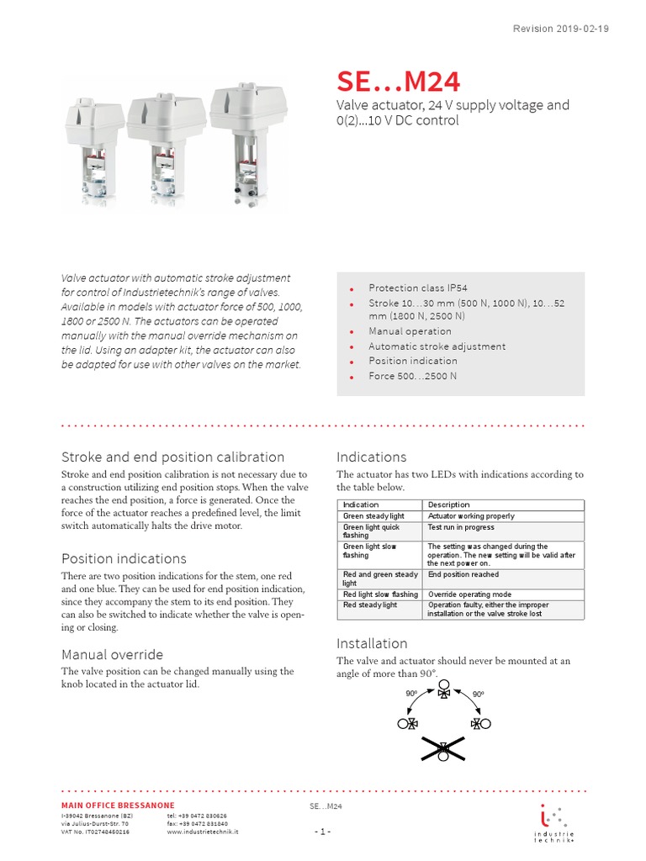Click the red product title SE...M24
click(398, 82)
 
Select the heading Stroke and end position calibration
click(172, 457)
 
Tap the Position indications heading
click(124, 558)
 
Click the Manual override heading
click(112, 654)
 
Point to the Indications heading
click(371, 457)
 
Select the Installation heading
click(372, 643)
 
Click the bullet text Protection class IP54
click(418, 288)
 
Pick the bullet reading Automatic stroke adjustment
click(437, 346)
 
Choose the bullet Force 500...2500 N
click(412, 376)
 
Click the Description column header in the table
click(449, 504)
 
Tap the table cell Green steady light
click(373, 516)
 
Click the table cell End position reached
click(463, 575)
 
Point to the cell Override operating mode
click(469, 594)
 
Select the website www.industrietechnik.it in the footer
click(203, 832)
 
